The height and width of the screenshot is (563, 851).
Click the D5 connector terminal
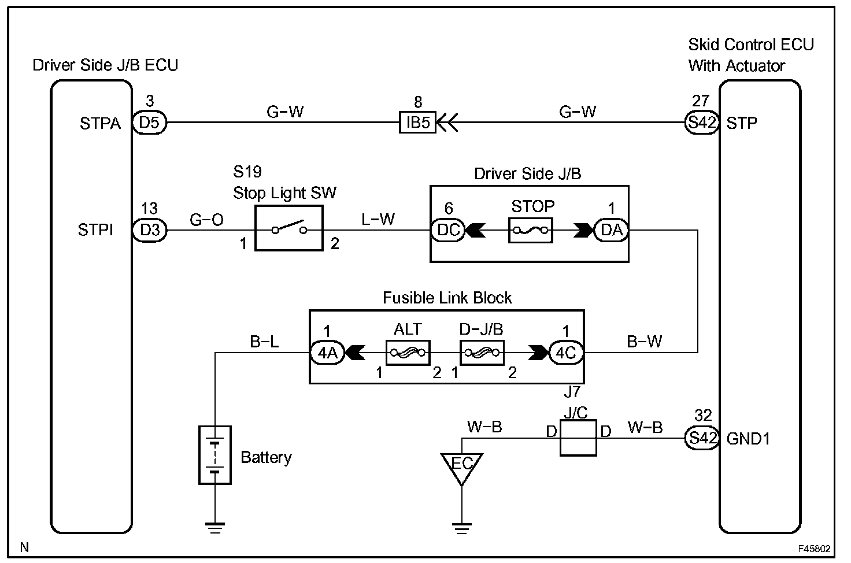tap(149, 123)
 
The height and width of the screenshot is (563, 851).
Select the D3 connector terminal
tap(149, 230)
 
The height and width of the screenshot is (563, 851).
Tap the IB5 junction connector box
tap(417, 123)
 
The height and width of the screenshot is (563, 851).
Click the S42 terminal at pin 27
tap(702, 123)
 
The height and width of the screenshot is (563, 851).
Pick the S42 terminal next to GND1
tap(702, 438)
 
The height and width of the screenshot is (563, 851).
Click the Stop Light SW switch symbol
tap(288, 228)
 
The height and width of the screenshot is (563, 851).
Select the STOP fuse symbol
tap(530, 230)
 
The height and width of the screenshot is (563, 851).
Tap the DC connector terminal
tap(448, 230)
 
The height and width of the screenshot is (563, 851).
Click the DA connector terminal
tap(611, 230)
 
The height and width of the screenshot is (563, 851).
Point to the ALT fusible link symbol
tap(408, 353)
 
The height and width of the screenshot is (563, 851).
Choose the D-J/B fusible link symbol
tap(482, 353)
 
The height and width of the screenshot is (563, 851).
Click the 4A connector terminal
tap(327, 353)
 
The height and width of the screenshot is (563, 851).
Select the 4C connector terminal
tap(566, 353)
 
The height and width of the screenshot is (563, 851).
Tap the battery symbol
tap(215, 455)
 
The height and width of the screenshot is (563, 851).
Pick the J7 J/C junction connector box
tap(578, 438)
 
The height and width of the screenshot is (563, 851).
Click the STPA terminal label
tap(100, 124)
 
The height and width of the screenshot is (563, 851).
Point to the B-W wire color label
tap(645, 342)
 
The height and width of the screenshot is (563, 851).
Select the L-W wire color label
tap(378, 219)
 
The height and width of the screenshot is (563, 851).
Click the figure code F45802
tap(814, 549)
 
